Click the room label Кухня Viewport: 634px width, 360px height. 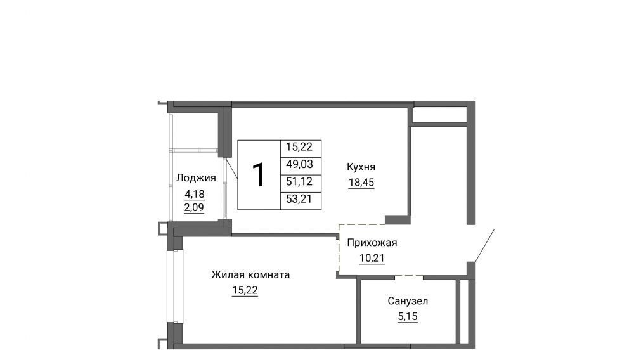pos(361,167)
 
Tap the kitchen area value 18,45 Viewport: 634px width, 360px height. pos(361,183)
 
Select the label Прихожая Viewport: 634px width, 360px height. pos(372,243)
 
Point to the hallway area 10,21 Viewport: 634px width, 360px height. pos(372,258)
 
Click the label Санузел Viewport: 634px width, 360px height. pos(408,301)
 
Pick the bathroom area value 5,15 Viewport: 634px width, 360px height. pos(408,317)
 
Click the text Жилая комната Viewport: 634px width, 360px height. pos(250,274)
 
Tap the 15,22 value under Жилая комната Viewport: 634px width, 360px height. pos(245,290)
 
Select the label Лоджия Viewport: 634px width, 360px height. pos(196,177)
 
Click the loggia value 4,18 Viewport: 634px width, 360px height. pos(195,195)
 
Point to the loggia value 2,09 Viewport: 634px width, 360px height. pos(194,208)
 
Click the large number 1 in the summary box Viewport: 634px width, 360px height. pos(259,175)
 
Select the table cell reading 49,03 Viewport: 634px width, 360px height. pos(300,164)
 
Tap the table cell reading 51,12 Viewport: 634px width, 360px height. pos(300,182)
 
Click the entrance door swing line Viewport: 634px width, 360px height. pos(484,246)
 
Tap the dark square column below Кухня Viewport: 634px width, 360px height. pos(398,220)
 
